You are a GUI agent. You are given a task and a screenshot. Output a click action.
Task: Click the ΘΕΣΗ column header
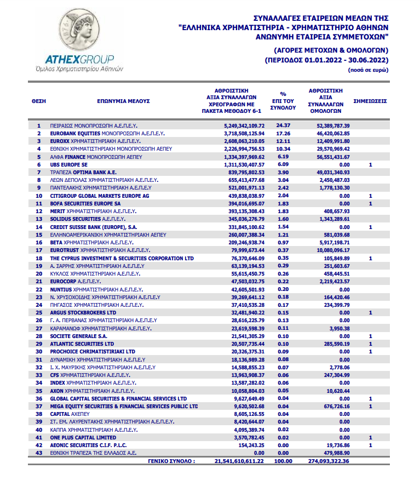(39, 101)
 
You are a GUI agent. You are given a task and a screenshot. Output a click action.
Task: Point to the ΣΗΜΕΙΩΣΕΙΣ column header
(370, 101)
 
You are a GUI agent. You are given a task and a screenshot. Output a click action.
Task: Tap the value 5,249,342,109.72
(237, 125)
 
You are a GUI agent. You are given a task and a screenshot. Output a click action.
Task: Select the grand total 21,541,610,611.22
(236, 461)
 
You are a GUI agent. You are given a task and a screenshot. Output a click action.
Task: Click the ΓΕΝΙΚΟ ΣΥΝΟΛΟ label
(171, 461)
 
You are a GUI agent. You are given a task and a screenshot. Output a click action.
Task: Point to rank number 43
(39, 453)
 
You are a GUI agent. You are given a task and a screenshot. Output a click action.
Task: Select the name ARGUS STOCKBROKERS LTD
(83, 312)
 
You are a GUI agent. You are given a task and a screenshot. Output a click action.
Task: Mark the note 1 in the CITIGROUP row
(371, 196)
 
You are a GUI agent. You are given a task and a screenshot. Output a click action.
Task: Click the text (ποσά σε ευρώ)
(368, 71)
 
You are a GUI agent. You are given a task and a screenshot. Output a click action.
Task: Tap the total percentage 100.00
(284, 461)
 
